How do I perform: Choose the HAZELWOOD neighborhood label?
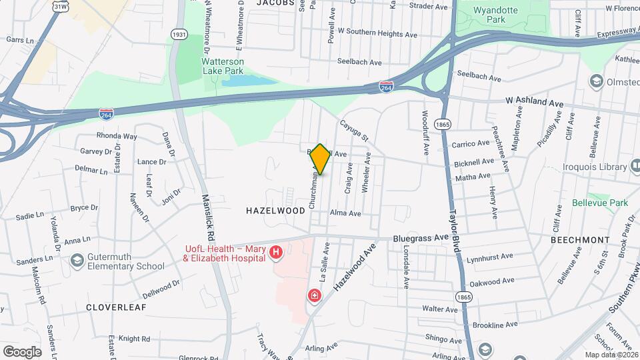click(275, 210)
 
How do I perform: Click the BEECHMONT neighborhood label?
click(580, 239)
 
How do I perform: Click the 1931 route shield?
click(179, 34)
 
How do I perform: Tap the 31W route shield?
click(61, 7)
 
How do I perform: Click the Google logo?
click(22, 351)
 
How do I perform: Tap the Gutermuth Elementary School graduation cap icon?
click(77, 260)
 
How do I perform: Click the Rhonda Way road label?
click(117, 136)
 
